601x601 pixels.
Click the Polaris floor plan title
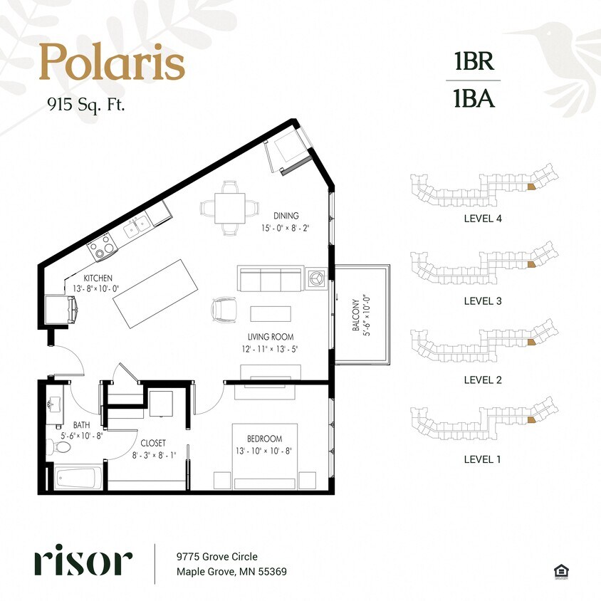pos(112,62)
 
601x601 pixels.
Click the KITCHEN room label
pos(98,278)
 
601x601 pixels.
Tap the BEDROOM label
pos(265,439)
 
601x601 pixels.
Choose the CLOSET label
pos(152,441)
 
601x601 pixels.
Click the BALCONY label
pos(357,315)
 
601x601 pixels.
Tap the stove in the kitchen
pos(100,246)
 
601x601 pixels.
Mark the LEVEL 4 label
pos(482,219)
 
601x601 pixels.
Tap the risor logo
pos(83,562)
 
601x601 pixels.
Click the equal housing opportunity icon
pos(563,570)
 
